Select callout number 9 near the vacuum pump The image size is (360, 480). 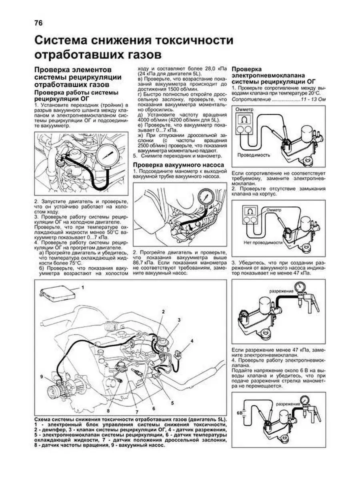coord(41,376)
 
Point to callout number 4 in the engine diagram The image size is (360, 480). coord(192,341)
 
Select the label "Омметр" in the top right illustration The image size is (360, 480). coord(245,109)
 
